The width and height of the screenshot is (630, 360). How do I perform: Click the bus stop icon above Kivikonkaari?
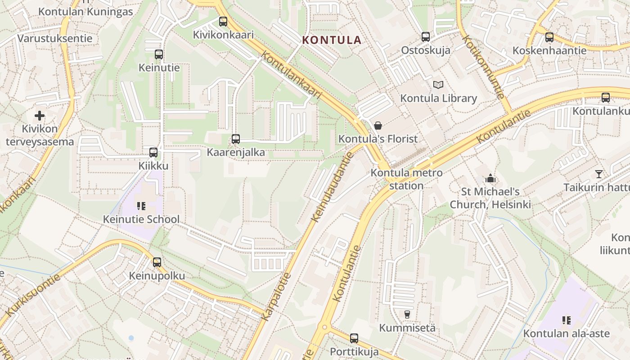click(223, 21)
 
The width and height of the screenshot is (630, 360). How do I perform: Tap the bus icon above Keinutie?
click(159, 54)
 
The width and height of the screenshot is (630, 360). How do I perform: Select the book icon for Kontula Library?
click(438, 85)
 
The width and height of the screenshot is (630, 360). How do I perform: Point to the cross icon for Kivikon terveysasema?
click(40, 116)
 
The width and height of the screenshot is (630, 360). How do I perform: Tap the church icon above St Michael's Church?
click(490, 178)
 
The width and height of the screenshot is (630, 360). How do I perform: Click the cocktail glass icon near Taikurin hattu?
click(598, 174)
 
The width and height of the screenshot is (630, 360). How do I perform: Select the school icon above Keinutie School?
click(141, 206)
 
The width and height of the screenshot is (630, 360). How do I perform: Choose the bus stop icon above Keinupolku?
click(157, 262)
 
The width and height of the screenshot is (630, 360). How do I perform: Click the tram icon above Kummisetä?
click(407, 314)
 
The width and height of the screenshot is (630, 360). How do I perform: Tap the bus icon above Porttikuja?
click(354, 338)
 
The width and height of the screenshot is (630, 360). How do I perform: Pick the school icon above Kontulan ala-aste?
click(566, 320)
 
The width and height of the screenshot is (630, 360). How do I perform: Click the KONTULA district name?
click(332, 40)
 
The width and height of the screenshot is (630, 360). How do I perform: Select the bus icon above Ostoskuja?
click(426, 37)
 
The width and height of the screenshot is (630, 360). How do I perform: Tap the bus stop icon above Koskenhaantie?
click(549, 37)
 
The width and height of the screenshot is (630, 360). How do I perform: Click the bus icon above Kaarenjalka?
click(236, 139)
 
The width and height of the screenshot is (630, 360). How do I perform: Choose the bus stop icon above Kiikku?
click(153, 152)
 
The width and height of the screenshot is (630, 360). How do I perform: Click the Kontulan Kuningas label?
click(85, 11)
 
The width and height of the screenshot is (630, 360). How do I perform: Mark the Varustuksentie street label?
click(55, 38)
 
